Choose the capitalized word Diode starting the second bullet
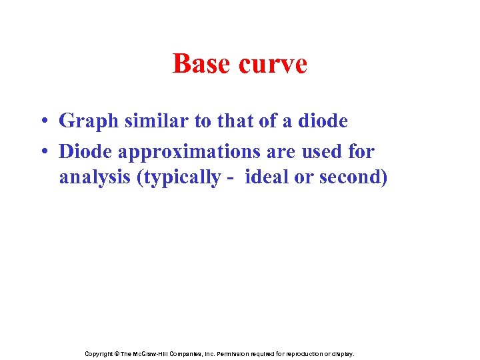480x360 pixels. [x=85, y=151]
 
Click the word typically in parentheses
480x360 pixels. [x=182, y=178]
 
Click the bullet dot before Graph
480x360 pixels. [x=41, y=122]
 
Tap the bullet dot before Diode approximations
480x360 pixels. [x=41, y=152]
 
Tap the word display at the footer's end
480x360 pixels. [x=343, y=354]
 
